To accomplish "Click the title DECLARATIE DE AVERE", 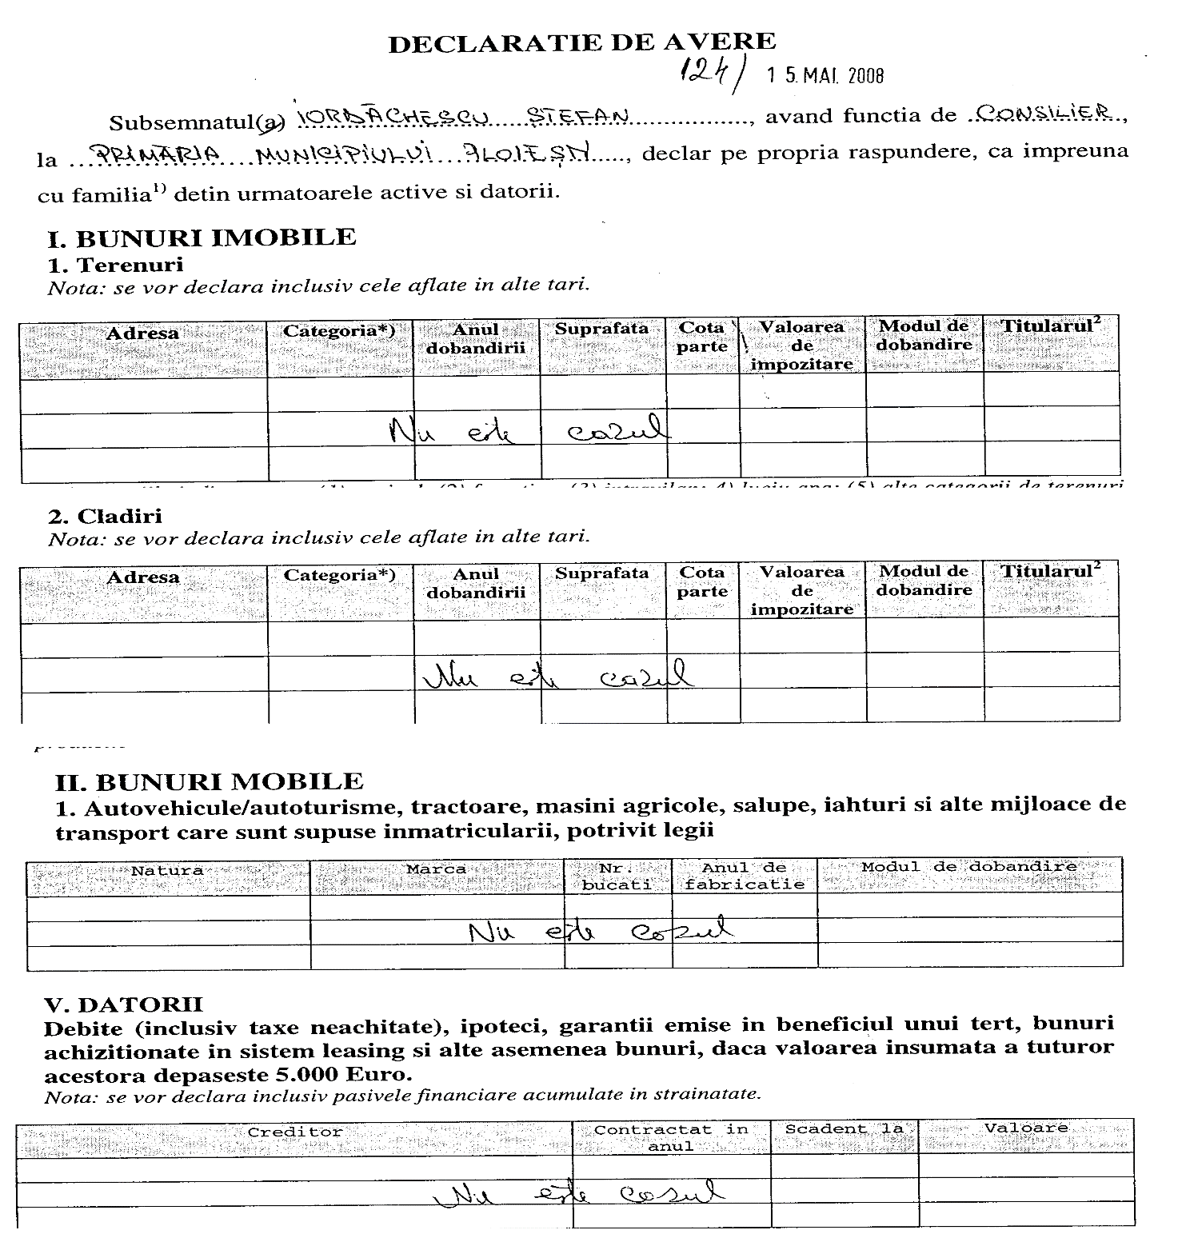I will point(581,42).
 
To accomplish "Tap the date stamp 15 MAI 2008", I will point(825,76).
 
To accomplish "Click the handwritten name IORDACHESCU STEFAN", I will point(463,117).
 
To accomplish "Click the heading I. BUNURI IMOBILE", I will point(202,238).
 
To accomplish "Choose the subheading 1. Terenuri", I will point(115,264).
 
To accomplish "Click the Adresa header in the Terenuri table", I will point(142,333).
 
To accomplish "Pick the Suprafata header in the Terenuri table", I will point(601,328).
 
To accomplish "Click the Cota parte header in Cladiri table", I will point(702,581).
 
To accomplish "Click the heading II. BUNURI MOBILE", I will point(209,781).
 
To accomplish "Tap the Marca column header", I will point(436,869).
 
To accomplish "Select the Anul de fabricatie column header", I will point(744,875).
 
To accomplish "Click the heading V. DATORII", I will point(124,1004).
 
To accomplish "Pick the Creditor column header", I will point(294,1132).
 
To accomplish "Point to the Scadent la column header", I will point(844,1128).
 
